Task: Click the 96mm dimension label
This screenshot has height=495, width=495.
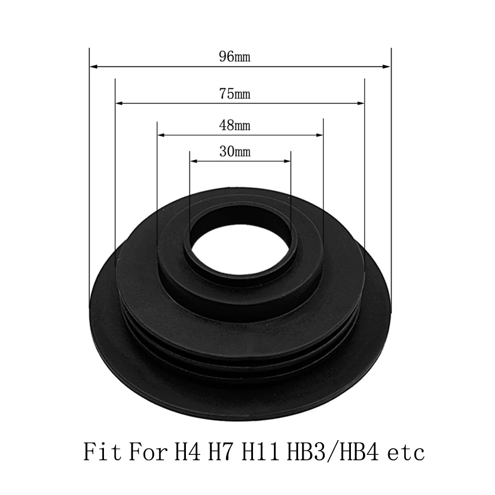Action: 234,57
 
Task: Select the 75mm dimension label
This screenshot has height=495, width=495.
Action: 234,94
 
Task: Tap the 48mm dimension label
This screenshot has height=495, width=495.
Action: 234,125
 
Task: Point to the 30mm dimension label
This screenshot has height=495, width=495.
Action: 235,152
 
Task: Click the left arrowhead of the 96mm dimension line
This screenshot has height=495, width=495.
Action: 94,67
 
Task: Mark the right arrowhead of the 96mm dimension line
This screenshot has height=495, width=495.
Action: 387,67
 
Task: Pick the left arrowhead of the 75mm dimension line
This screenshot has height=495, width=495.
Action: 120,103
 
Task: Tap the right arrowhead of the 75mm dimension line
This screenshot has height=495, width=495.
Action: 360,103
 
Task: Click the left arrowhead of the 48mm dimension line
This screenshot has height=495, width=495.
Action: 161,135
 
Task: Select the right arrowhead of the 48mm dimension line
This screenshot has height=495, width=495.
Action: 319,135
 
